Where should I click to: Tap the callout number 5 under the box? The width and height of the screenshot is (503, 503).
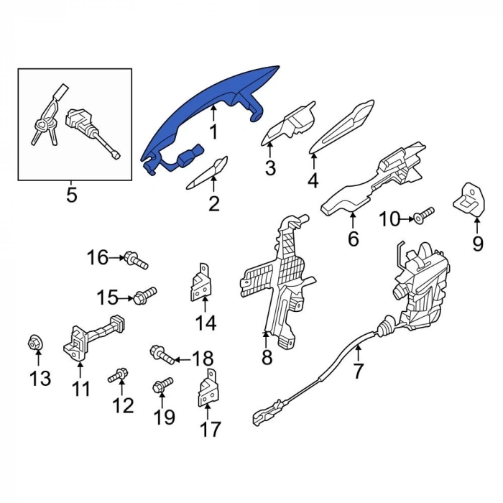[72, 195]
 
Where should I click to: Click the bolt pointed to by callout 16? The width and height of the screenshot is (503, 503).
[136, 259]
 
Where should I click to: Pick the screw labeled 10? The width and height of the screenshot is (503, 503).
[423, 214]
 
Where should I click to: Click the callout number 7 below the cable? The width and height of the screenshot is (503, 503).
[358, 371]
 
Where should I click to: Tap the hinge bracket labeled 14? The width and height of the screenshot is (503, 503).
[200, 283]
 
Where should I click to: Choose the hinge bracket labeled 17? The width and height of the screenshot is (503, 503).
[207, 389]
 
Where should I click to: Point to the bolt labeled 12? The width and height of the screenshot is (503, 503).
[118, 375]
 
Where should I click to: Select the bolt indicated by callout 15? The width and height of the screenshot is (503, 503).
[145, 295]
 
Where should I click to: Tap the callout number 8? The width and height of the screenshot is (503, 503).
[267, 357]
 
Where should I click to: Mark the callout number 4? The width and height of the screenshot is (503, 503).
[313, 180]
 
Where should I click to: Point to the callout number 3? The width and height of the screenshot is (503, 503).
[270, 167]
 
